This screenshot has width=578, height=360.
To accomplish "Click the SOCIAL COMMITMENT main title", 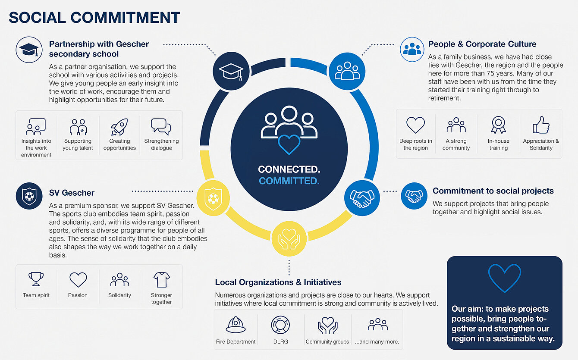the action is pos(94,18).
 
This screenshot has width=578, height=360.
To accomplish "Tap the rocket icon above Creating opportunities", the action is pos(119,127).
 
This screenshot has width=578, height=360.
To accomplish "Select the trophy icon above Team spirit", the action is pos(36,279).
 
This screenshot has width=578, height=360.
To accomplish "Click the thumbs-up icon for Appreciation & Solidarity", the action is pos(541,125).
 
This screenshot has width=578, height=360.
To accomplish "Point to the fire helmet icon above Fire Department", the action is pos(236,325).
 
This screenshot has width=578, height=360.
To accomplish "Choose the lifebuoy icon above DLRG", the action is pos(280,325).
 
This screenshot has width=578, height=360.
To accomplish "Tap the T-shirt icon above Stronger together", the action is pos(161,279).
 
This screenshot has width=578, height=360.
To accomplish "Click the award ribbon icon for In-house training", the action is pos(498,125).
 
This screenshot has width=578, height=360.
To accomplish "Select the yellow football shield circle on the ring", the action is pos(213,198).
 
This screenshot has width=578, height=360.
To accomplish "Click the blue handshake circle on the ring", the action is pos(362,198).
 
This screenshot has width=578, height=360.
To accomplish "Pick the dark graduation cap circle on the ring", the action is pos(231,71).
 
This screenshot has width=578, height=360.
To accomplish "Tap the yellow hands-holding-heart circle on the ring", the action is pos(289,238).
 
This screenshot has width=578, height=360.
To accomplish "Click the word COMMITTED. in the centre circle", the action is pos(289,181).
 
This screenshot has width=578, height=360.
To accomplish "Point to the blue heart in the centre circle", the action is pos(289,144).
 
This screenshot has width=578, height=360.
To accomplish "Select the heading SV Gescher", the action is pos(72,193).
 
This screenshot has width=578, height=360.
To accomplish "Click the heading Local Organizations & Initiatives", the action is pos(278,282).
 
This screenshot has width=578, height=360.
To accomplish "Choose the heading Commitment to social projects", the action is pos(493,191).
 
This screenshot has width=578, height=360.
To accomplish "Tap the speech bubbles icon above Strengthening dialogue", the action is pos(161,127).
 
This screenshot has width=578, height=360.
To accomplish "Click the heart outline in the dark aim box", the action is pos(505,278).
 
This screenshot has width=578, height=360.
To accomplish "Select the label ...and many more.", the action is pos(377,342).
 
